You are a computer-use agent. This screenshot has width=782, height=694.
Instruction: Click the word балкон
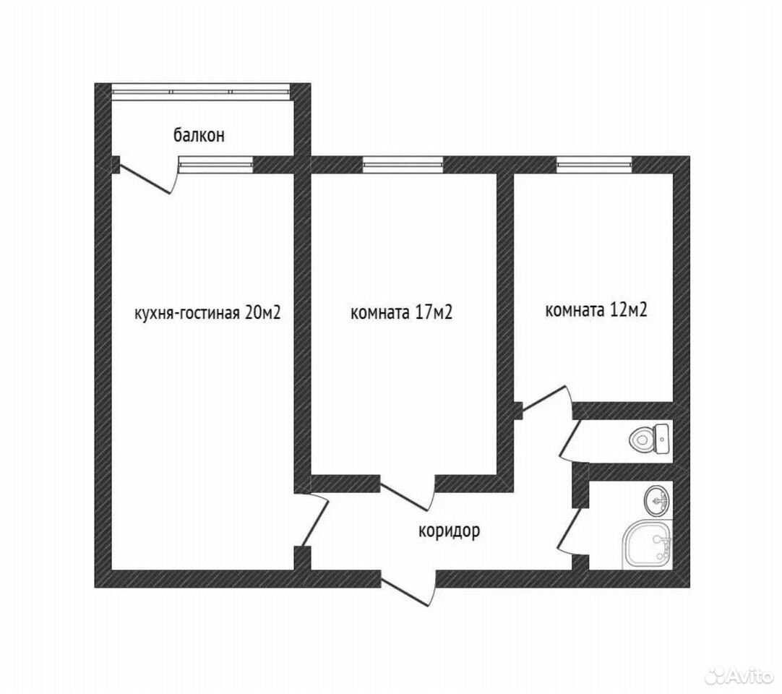(x=199, y=135)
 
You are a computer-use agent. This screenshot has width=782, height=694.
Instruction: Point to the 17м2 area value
(x=433, y=312)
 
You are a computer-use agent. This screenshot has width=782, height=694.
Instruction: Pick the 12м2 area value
(x=628, y=310)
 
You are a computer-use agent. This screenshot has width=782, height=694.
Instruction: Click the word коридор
(x=449, y=531)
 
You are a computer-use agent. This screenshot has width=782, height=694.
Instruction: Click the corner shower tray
(x=647, y=544)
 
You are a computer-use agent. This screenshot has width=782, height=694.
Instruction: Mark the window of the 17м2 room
(x=403, y=164)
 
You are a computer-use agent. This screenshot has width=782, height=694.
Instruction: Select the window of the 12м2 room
(x=595, y=164)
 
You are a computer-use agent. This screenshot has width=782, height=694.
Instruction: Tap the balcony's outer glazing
(x=200, y=92)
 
